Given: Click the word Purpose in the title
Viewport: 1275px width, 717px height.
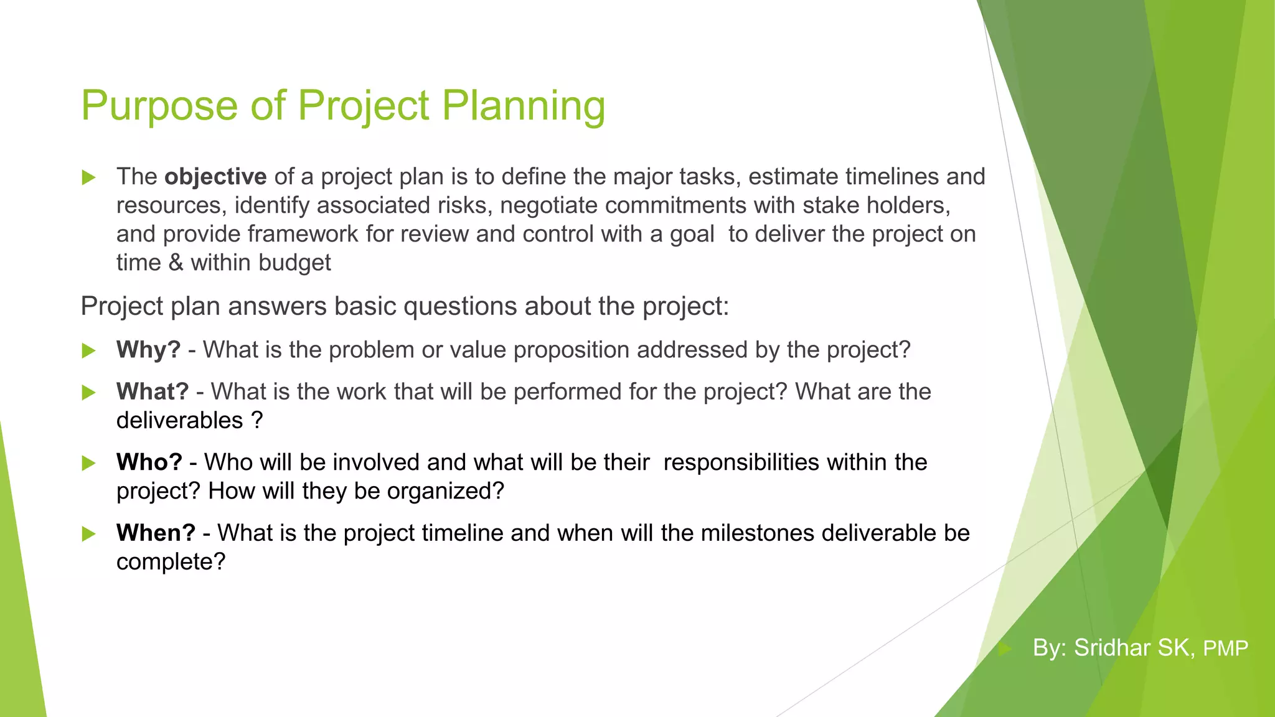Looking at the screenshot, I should pos(159,106).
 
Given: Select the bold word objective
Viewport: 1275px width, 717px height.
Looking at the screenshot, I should pos(215,177).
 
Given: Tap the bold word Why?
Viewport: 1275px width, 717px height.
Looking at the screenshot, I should pos(148,350).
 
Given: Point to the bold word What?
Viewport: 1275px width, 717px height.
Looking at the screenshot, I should pos(152,391).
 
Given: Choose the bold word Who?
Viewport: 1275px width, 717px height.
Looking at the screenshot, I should pos(149,462).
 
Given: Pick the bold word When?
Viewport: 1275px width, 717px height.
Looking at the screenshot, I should pos(156,533).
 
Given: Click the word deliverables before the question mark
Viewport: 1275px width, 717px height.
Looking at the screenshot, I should pos(179,421).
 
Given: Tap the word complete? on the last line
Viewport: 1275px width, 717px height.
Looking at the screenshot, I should pos(171,562).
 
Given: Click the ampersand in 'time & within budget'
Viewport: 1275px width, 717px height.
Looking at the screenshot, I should pos(176,263).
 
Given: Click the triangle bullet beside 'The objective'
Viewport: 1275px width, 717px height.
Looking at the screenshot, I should pos(89,177).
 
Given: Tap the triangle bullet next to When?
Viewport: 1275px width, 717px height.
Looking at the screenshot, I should pos(89,534).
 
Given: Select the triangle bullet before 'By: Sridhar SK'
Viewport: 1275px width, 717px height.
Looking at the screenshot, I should pos(1004,649).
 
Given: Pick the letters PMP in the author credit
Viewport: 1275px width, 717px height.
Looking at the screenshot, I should pos(1225,649).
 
